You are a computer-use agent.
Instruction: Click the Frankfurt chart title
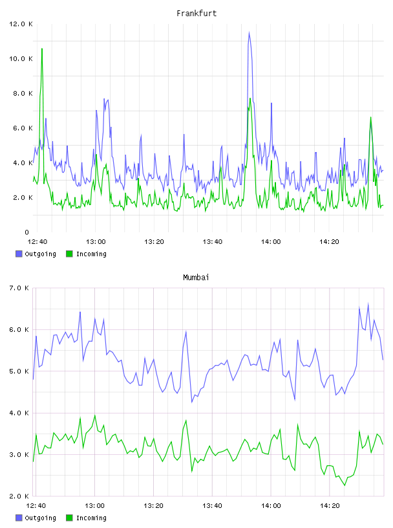coord(197,14)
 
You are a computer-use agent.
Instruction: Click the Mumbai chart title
coord(196,278)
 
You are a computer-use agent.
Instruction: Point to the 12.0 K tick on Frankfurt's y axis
coord(21,24)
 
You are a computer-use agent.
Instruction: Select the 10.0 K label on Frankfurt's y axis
coord(21,59)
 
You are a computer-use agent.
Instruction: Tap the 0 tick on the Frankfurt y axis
coord(27,232)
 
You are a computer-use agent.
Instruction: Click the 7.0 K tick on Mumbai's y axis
coord(19,288)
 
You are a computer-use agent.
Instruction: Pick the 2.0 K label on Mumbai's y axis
coord(19,496)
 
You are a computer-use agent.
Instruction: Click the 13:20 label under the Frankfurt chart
coord(154,242)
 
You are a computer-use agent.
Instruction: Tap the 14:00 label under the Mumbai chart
coord(271,506)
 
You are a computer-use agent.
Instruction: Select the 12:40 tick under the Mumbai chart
coord(36,506)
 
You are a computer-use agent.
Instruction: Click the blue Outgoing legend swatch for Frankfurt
coord(19,254)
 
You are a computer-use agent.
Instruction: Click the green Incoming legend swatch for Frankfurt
coord(69,254)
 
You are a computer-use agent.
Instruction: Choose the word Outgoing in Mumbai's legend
coord(40,518)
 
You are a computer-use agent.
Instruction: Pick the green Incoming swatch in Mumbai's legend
coord(69,518)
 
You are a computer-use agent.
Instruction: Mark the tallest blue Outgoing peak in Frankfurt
coord(249,32)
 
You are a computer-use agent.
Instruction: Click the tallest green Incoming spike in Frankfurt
coord(42,49)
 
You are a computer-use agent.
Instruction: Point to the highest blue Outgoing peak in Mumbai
coord(368,303)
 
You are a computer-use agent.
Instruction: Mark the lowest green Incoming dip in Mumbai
coord(345,485)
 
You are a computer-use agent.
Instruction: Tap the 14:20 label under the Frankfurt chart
coord(329,242)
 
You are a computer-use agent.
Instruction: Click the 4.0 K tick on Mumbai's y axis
coord(19,413)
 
